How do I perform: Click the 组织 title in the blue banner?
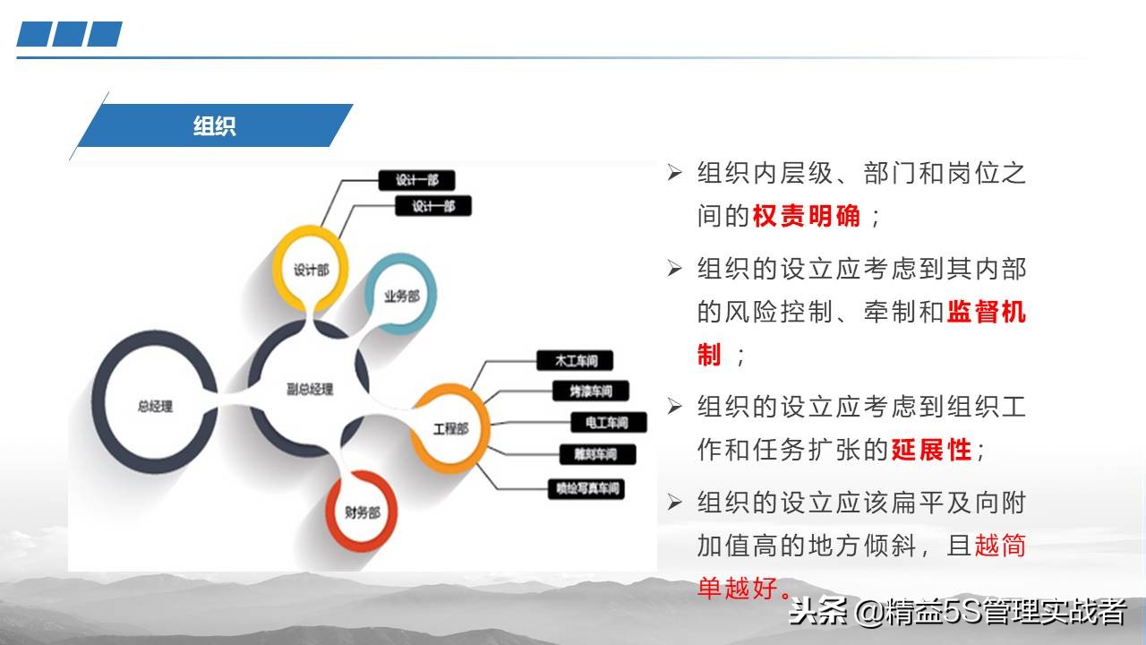pos(214,125)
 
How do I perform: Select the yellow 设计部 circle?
pos(310,269)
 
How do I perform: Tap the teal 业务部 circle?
pos(401,296)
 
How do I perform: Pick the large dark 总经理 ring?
pos(155,406)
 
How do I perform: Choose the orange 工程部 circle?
pos(450,428)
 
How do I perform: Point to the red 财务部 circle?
pos(362,512)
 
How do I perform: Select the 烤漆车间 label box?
pos(591,391)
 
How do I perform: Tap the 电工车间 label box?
pos(605,422)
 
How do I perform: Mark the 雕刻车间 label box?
pos(597,454)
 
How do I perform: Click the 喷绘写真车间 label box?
pos(585,489)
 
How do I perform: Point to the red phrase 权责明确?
pos(807,216)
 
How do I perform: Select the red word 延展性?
pos(930,450)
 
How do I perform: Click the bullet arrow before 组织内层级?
pos(675,172)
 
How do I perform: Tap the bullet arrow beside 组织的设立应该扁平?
pos(675,502)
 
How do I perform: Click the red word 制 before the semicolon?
pos(709,355)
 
